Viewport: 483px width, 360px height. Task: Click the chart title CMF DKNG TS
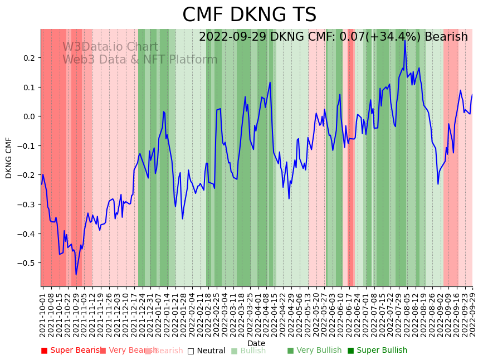click(249, 15)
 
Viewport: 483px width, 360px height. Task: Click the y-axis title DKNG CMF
click(9, 158)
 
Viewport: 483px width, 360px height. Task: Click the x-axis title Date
click(256, 343)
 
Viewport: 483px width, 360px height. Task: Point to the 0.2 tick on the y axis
click(28, 58)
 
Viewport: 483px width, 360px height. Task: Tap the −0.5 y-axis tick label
click(26, 263)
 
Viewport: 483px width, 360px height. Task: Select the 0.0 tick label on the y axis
click(28, 116)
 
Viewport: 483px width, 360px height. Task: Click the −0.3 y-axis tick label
click(26, 205)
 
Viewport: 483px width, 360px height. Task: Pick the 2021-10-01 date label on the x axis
click(43, 312)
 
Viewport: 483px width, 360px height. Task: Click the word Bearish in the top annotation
click(446, 37)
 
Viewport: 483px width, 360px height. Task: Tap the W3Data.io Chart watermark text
click(110, 47)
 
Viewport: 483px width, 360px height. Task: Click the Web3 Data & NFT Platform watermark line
click(140, 60)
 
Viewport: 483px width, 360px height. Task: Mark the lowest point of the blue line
click(76, 274)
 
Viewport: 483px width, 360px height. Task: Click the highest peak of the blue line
click(404, 40)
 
